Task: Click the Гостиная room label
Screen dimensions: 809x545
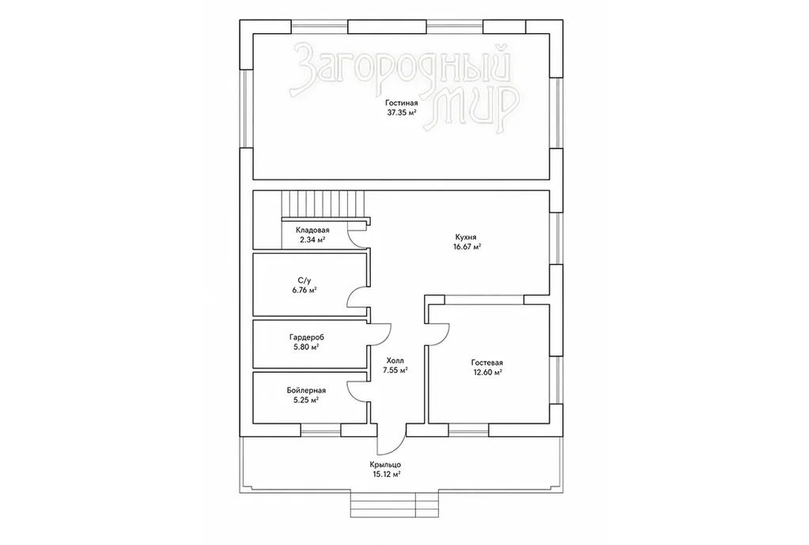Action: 401,103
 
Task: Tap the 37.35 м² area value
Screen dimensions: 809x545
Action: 402,112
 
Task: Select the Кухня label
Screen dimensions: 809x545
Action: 465,238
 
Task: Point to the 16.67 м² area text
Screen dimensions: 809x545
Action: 466,246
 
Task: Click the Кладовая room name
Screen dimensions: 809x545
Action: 312,231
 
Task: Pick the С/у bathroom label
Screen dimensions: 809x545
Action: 304,280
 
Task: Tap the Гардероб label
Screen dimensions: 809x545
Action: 307,337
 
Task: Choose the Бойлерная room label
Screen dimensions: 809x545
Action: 306,390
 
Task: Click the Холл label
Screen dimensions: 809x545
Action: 395,361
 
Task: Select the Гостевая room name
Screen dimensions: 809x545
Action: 486,363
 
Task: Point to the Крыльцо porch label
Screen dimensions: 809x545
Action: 385,464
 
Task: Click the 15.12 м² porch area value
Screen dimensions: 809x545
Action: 385,474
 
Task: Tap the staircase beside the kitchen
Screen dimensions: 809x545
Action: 323,205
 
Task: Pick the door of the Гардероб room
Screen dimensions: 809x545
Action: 380,335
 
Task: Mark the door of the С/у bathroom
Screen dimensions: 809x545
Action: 357,298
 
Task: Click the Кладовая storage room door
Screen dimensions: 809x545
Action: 357,235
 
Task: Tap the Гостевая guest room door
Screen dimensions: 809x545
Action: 439,333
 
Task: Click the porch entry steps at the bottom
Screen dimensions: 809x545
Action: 395,504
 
